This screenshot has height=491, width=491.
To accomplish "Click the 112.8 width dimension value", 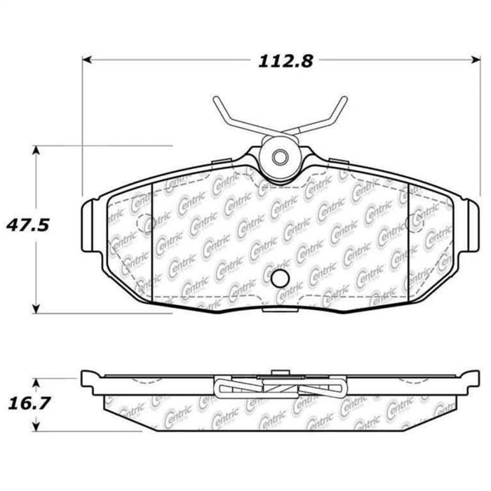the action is pos(285,61).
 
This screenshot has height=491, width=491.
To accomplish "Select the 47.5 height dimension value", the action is pos(28,225).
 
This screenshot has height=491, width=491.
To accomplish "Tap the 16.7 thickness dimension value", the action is pos(29,403).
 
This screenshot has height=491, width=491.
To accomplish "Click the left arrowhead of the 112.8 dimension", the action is pos(87,60).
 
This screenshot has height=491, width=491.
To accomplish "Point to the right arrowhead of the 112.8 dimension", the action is pos(476,60).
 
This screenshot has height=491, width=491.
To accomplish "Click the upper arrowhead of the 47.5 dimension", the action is pos(36,150).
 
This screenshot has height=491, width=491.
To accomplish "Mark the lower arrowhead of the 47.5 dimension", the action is pos(36,309).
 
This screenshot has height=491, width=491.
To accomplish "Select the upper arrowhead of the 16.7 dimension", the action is pos(36,383).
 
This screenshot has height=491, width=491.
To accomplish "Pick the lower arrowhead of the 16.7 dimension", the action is pos(36,426).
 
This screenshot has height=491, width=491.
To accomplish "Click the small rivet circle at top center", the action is pos(280,157).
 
